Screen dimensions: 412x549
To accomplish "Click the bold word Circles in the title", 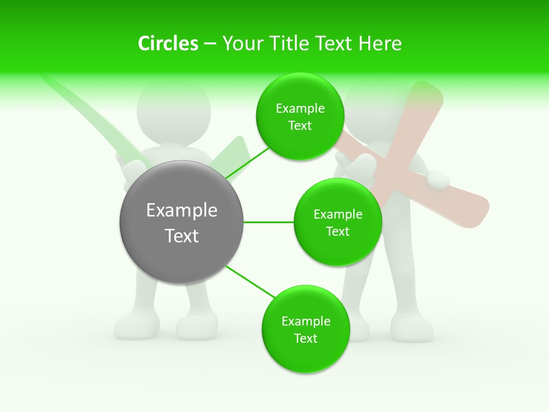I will [x=168, y=43].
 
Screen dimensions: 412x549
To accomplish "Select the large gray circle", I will [x=181, y=222].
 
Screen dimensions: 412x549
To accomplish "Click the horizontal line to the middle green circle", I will [x=269, y=222].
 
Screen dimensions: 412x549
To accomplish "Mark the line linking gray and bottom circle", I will [x=249, y=282].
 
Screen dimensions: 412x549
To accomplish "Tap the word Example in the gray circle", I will [x=181, y=211].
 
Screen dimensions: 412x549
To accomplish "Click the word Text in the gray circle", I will [x=181, y=236].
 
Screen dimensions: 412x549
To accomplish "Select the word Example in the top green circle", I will [x=300, y=109].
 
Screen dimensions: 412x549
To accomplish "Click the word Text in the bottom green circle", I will [x=305, y=338].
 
